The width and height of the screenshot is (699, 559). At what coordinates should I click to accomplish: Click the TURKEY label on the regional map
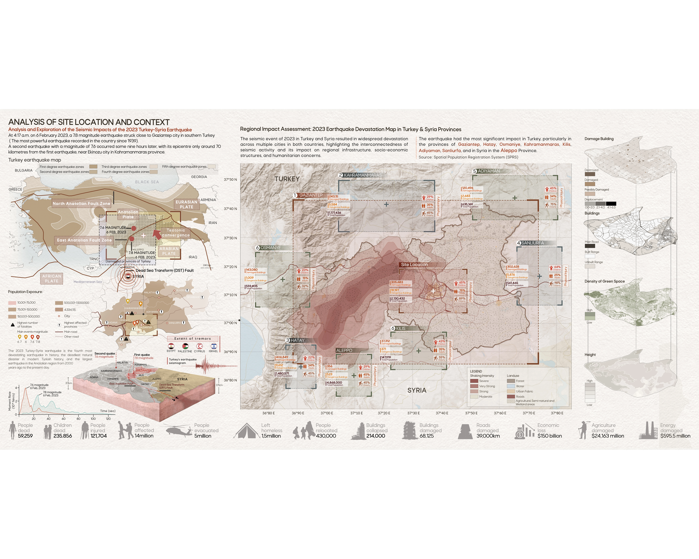pyautogui.click(x=287, y=179)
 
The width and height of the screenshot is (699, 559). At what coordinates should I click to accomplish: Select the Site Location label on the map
pyautogui.click(x=414, y=264)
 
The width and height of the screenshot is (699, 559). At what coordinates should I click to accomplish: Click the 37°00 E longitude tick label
pyautogui.click(x=327, y=413)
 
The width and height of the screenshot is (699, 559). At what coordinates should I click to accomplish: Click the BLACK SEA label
pyautogui.click(x=147, y=182)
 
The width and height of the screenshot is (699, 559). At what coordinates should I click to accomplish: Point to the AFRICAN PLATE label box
pyautogui.click(x=52, y=278)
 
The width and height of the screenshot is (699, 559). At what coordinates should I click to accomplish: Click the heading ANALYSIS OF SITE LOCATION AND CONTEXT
pyautogui.click(x=89, y=122)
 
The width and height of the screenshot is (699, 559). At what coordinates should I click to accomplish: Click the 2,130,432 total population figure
pyautogui.click(x=398, y=298)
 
